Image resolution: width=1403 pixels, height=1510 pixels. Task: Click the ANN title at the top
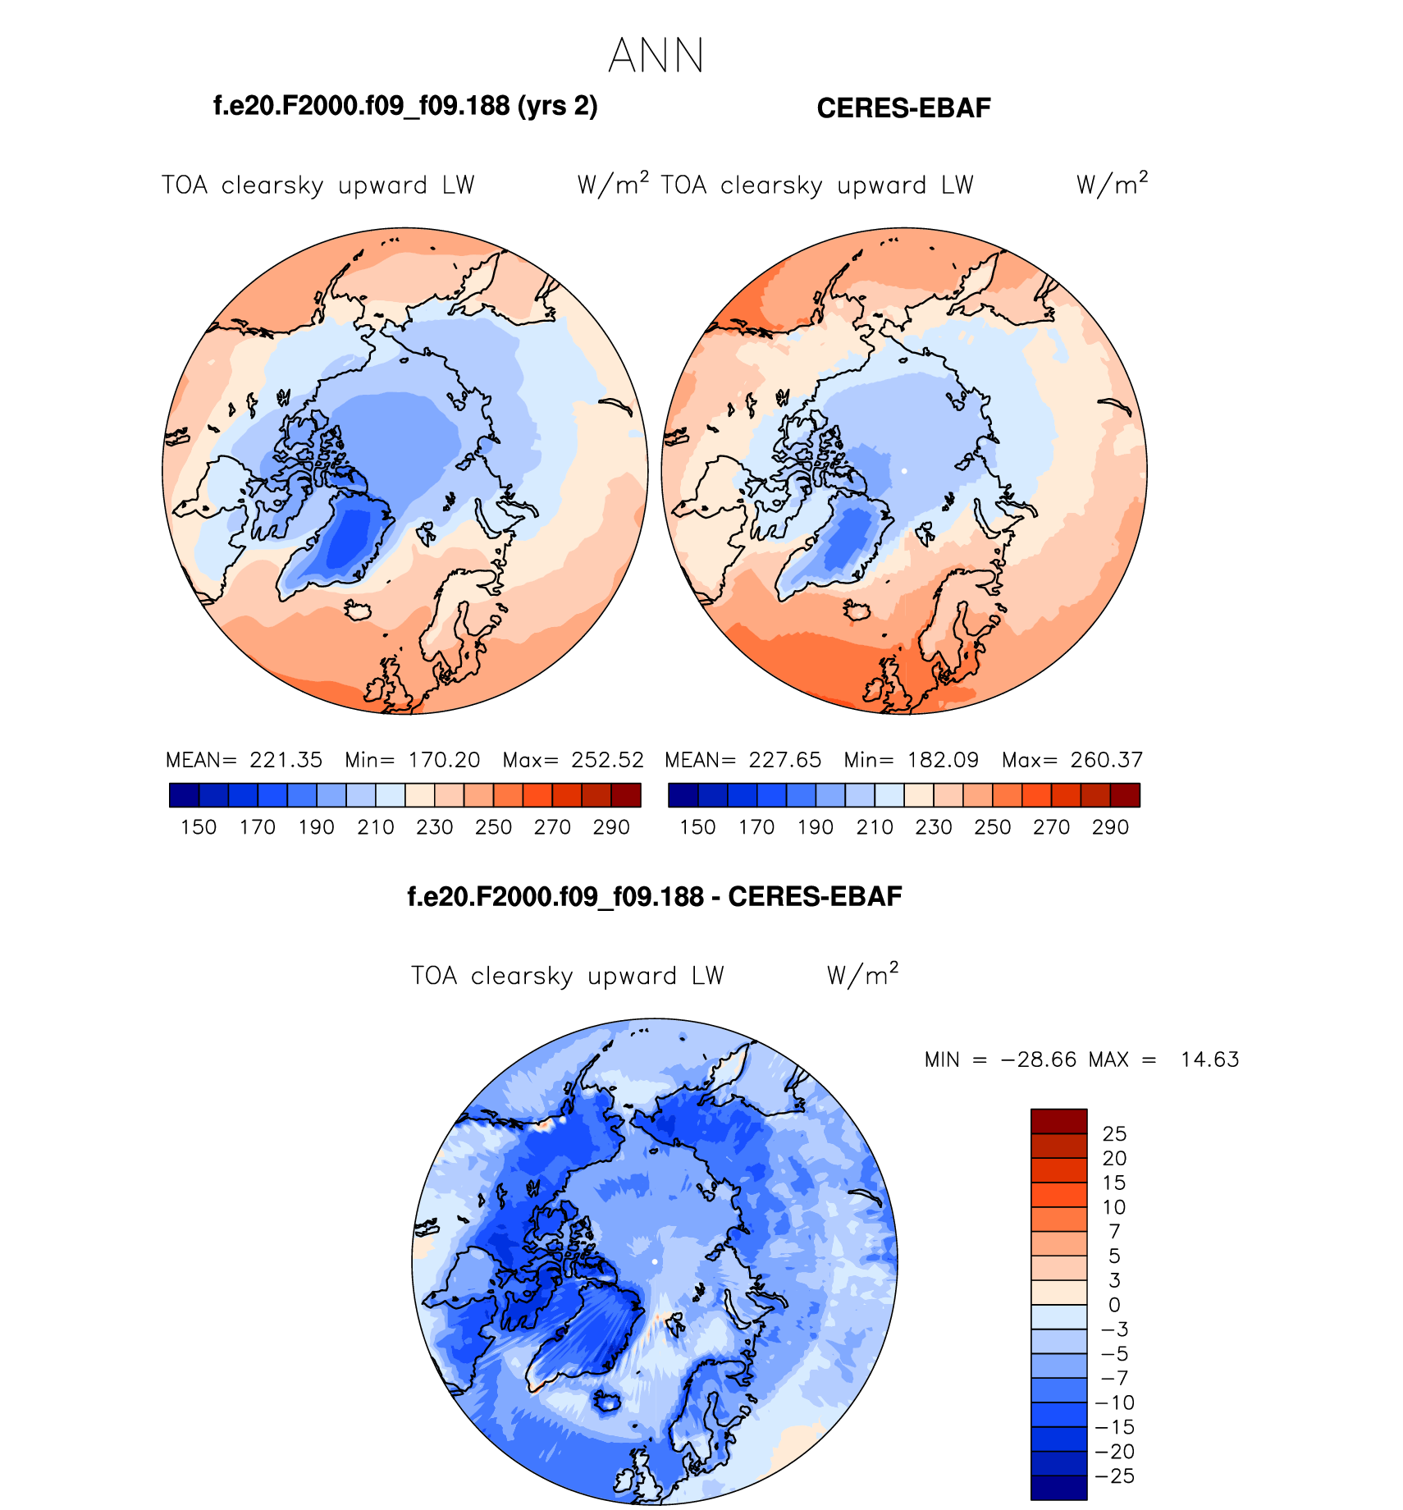tap(656, 57)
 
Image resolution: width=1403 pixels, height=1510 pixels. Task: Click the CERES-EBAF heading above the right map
tap(903, 108)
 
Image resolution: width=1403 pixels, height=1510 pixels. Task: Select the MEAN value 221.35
tap(286, 760)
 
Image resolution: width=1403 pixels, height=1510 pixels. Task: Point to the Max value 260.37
tap(1106, 760)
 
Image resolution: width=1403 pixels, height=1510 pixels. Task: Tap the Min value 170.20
tap(444, 760)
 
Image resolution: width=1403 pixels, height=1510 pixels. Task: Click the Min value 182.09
tap(943, 760)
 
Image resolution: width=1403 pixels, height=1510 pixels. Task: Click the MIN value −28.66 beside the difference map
tap(1038, 1059)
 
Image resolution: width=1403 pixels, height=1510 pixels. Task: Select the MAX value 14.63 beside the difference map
tap(1209, 1059)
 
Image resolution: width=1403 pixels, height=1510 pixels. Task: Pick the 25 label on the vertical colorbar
tap(1114, 1134)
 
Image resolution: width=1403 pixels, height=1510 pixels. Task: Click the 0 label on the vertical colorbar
tap(1114, 1305)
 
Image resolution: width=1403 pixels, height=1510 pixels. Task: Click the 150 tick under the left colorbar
tap(199, 827)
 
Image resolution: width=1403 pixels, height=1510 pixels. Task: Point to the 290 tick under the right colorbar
tap(1110, 827)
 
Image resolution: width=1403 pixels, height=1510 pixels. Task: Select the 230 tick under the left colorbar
tap(434, 827)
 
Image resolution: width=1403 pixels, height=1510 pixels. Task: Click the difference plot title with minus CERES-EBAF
tap(654, 897)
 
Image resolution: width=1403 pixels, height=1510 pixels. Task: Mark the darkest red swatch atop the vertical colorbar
tap(1058, 1121)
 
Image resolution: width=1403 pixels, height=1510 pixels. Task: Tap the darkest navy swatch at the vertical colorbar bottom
tap(1058, 1488)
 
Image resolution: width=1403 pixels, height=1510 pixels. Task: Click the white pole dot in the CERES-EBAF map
tap(903, 471)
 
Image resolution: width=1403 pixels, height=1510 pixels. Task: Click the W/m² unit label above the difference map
tap(862, 974)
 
